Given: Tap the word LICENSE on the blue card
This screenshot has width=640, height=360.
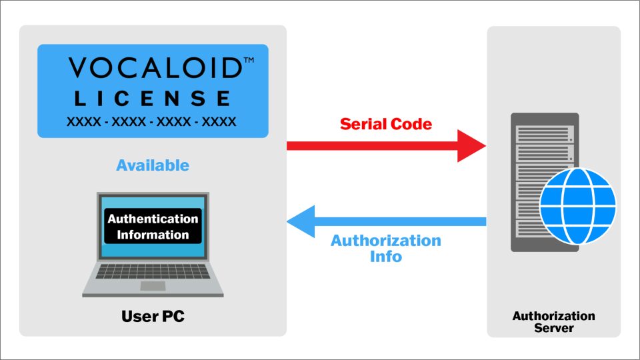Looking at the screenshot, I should [x=153, y=99].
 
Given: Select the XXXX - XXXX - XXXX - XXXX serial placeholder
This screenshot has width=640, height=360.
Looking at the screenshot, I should [x=151, y=122].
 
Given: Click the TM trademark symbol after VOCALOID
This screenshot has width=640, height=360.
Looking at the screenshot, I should [x=249, y=61].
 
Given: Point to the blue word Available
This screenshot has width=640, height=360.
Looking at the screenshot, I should [x=153, y=165].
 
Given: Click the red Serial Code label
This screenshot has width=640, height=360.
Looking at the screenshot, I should [x=386, y=124].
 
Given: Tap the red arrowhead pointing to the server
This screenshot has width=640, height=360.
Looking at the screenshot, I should [x=471, y=145].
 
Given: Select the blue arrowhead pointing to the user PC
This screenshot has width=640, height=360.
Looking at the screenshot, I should [x=301, y=221].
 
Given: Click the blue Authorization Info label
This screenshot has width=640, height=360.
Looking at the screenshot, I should [x=386, y=247].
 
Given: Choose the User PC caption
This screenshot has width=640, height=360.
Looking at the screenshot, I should [x=153, y=316].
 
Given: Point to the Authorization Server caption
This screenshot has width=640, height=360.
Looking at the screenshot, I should [x=553, y=321].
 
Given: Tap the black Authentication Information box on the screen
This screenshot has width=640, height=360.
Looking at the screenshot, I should [x=153, y=227].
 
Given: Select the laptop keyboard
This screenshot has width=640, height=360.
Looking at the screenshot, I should [x=153, y=271].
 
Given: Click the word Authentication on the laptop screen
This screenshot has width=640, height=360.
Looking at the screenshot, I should [x=153, y=219].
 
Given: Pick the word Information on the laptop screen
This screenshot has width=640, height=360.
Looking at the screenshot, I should [x=153, y=235].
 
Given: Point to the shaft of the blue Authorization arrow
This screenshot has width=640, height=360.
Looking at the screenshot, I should [x=400, y=221].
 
